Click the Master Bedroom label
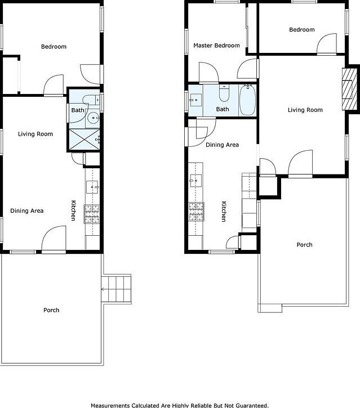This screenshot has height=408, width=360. (x=216, y=46)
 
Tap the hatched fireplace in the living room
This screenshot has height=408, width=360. (x=350, y=89)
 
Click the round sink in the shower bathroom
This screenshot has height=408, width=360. (x=94, y=118)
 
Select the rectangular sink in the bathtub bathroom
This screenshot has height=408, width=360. (x=195, y=100)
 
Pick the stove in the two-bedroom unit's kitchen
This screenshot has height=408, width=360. (x=196, y=211)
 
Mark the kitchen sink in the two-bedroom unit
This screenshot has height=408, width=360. (x=196, y=180)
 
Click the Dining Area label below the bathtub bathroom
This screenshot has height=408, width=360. (x=222, y=145)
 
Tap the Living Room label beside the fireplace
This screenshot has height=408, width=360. (x=305, y=110)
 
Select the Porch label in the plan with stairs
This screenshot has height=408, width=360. (x=51, y=310)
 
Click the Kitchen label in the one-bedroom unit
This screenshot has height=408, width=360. (x=73, y=210)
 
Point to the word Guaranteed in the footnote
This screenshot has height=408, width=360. (x=251, y=405)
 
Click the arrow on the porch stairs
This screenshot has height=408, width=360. (x=103, y=289)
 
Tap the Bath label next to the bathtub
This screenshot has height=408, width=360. (x=223, y=109)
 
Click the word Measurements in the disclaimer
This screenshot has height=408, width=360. (x=112, y=405)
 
